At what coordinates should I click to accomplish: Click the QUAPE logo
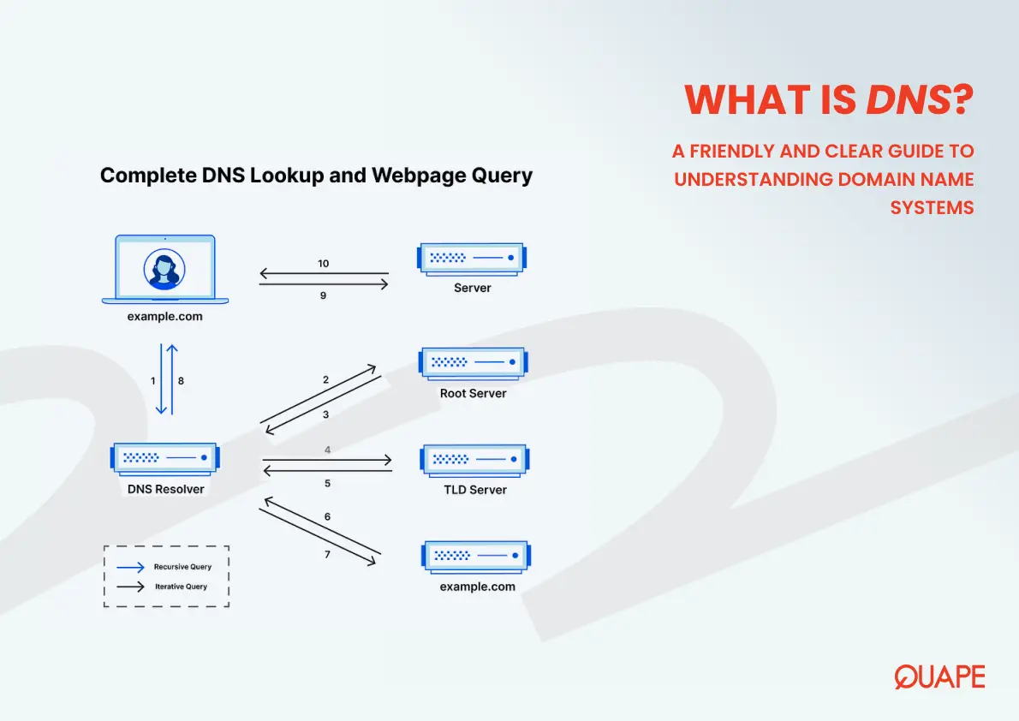939,676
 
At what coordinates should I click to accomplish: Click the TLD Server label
474,490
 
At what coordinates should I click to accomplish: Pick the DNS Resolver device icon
164,460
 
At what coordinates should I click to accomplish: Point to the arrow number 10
323,264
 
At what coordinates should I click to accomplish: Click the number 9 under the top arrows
324,295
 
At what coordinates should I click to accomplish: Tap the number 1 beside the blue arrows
153,380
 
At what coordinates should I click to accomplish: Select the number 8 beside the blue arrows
181,380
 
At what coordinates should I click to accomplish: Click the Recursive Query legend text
182,567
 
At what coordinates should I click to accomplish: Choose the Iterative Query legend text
181,587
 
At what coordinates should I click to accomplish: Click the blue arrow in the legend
130,567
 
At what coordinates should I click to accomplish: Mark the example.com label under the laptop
164,316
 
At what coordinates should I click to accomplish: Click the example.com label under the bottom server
477,587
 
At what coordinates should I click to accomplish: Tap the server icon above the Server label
472,258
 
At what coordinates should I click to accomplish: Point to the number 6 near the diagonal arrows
327,517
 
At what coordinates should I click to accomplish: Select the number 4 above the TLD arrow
327,450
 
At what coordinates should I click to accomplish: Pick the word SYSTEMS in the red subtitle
932,207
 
